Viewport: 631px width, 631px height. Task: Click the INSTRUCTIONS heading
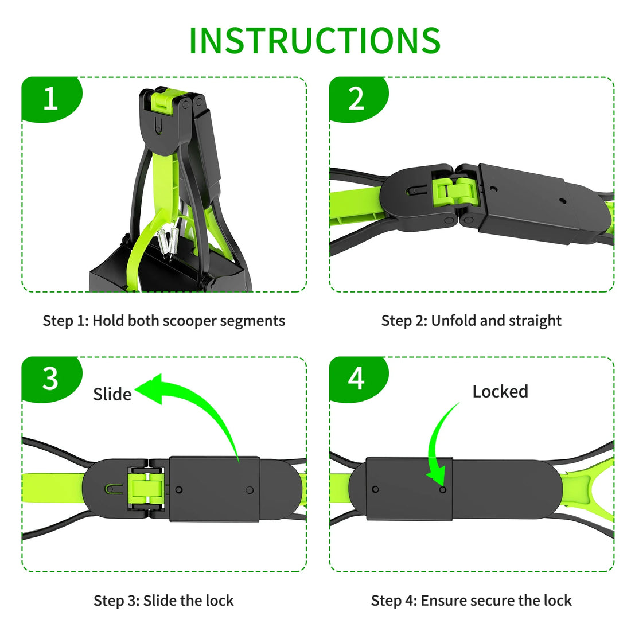pos(314,40)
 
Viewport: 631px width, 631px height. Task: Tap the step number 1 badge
pos(50,99)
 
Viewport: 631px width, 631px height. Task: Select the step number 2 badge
pos(356,99)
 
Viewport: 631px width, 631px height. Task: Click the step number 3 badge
pos(50,379)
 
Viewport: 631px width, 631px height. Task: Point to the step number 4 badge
pos(356,379)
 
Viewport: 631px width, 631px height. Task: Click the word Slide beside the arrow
pos(112,394)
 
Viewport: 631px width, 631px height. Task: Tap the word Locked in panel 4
pos(500,392)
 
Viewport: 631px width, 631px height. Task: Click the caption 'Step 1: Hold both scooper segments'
pos(163,321)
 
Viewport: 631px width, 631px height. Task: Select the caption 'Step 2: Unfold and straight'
pos(471,321)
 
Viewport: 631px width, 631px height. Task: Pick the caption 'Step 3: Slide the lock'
pos(163,601)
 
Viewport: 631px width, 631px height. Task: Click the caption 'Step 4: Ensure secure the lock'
pos(471,601)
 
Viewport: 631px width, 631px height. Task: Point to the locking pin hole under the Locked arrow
pos(442,490)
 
